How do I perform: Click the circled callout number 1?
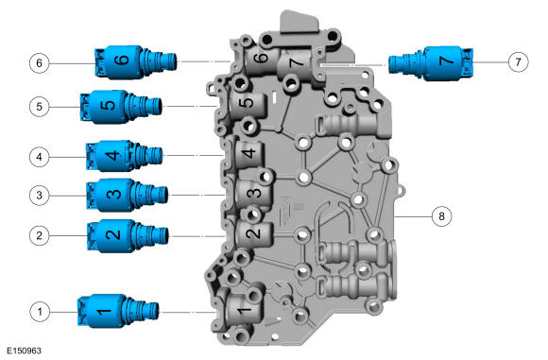[x=40, y=310]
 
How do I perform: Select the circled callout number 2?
[x=40, y=233]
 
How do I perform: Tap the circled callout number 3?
[x=40, y=195]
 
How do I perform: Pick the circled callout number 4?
[x=40, y=155]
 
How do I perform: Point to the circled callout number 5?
[x=40, y=107]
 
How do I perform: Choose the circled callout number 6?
[x=40, y=63]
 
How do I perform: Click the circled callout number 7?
[x=517, y=63]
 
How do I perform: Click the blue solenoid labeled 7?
[x=440, y=62]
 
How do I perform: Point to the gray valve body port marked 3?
[x=252, y=192]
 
